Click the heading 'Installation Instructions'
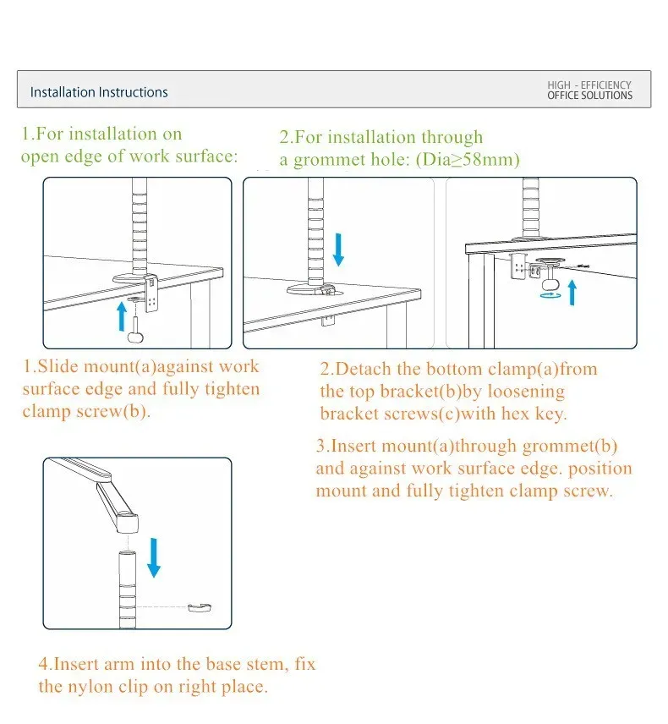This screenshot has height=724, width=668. tap(99, 92)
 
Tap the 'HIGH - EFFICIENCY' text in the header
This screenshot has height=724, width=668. tap(589, 85)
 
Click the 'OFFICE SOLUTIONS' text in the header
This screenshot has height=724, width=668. tap(589, 96)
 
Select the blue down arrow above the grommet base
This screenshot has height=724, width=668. tap(339, 248)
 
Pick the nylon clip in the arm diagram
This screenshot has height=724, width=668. tap(200, 606)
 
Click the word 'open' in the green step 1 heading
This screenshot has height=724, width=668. tap(40, 156)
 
